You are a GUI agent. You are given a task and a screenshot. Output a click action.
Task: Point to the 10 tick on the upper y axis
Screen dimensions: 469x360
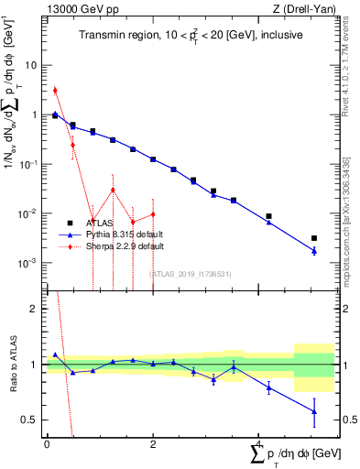31,66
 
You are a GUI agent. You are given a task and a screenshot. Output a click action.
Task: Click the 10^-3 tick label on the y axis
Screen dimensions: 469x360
28,263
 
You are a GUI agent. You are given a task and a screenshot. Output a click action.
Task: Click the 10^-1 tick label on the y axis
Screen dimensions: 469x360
28,165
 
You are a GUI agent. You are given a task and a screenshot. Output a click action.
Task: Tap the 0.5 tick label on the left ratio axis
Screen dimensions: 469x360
29,420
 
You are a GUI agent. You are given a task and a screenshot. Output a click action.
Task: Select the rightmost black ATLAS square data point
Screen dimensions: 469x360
314,238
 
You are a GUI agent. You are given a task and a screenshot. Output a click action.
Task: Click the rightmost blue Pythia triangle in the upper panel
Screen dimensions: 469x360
314,251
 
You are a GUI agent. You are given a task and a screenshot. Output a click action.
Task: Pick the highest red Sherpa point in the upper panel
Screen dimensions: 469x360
55,90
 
